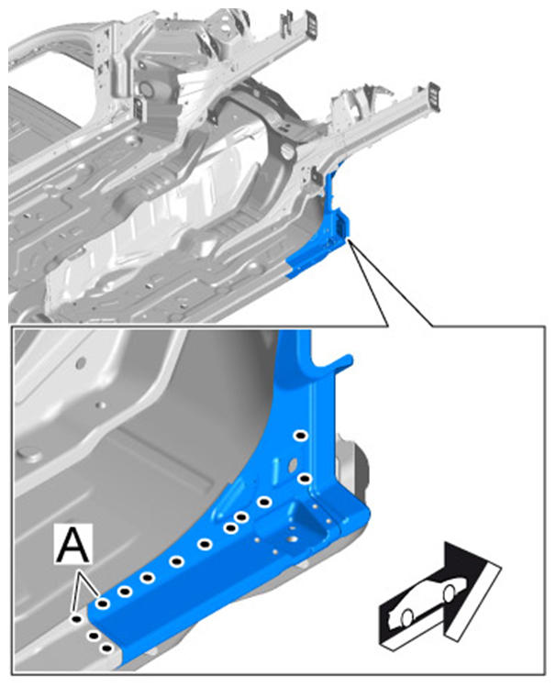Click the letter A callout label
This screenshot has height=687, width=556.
(x=73, y=544)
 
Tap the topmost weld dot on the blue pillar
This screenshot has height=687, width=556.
(x=301, y=436)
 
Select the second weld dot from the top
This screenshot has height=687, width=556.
(x=304, y=479)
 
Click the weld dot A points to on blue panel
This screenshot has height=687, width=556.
(x=103, y=604)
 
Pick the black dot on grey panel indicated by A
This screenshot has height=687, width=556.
(x=77, y=618)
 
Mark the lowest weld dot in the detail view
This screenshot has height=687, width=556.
(x=106, y=648)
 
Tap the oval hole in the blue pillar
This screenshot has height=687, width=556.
(x=293, y=464)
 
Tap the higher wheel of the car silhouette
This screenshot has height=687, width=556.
(x=449, y=593)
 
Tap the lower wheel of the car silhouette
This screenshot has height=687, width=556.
(x=407, y=617)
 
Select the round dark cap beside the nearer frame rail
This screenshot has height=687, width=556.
(x=287, y=153)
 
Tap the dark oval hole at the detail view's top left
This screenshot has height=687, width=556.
(x=80, y=363)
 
